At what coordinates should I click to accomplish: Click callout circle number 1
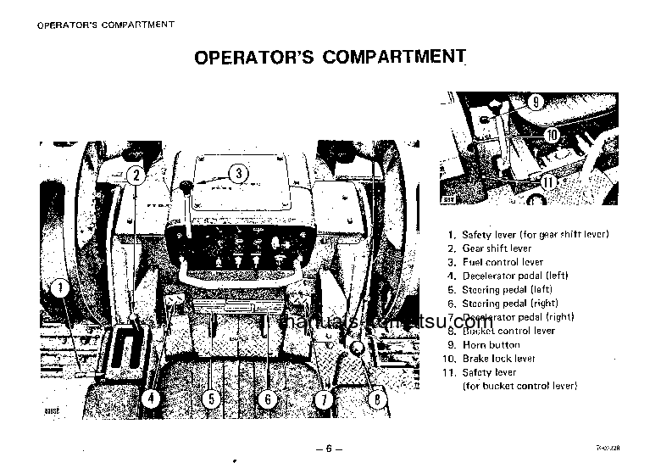coord(60,288)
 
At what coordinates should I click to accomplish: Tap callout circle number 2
coord(136,176)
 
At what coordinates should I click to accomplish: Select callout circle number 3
coord(239,173)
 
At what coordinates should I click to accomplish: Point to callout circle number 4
coord(149,399)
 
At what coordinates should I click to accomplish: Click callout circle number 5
coord(212,399)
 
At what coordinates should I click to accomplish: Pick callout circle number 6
coord(266,399)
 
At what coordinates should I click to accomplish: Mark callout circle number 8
coord(378,396)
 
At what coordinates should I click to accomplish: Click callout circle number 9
coord(536,101)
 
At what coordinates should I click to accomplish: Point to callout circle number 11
coord(548,181)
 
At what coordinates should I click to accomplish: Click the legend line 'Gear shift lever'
coord(497,248)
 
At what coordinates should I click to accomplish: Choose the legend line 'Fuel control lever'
coord(503,262)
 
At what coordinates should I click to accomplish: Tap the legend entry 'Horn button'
coord(491,345)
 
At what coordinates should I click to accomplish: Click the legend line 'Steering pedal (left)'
coord(507,289)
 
